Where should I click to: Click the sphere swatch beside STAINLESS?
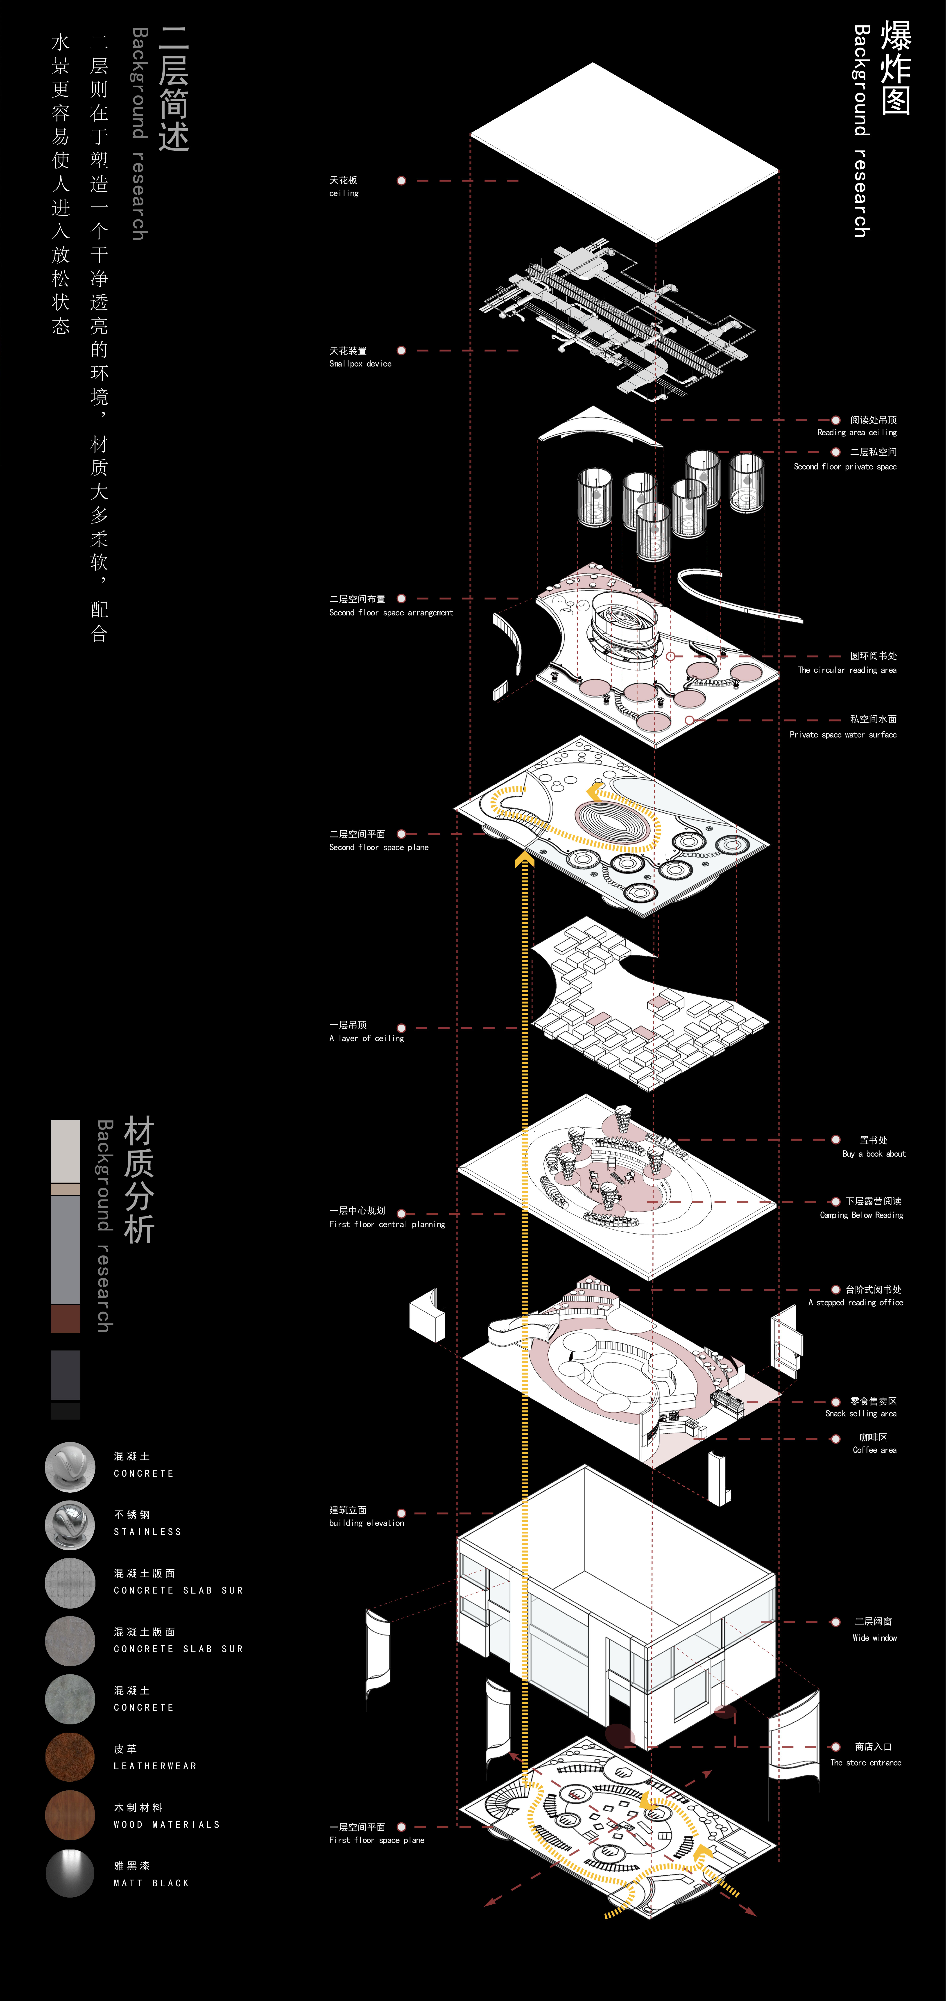point(70,1525)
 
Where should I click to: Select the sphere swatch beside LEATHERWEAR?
point(70,1757)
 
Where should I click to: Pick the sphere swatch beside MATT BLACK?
point(70,1874)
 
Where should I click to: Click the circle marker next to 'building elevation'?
point(402,1513)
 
